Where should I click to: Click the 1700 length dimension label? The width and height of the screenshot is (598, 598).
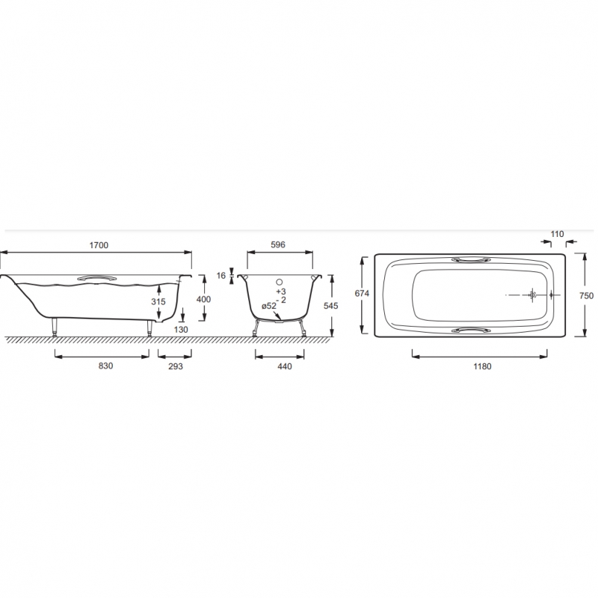click(x=99, y=245)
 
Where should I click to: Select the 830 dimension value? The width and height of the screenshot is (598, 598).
click(x=105, y=366)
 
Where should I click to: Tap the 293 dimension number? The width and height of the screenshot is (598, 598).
click(x=176, y=366)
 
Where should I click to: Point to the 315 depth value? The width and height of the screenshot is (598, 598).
click(x=158, y=302)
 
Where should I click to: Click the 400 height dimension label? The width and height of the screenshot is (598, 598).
click(x=203, y=299)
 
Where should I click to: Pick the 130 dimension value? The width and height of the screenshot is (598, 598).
click(x=181, y=330)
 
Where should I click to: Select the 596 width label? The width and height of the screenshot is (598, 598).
click(x=277, y=245)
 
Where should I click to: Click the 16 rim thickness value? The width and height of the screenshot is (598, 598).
click(x=221, y=275)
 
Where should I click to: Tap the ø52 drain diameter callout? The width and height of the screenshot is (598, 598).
click(x=269, y=306)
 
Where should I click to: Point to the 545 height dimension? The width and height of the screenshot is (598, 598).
click(x=330, y=306)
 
